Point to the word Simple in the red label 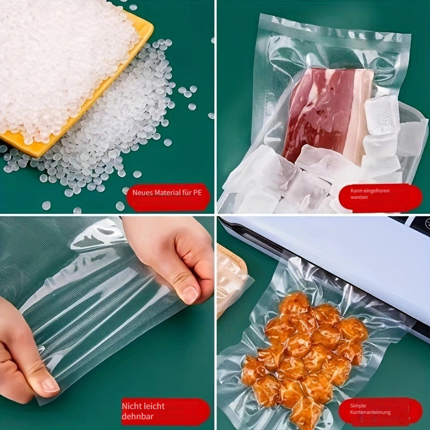359,406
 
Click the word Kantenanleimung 371,413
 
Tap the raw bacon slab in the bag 317,113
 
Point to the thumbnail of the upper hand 189,293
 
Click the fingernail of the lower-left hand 50,384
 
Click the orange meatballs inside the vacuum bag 304,349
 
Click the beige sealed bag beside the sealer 230,279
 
